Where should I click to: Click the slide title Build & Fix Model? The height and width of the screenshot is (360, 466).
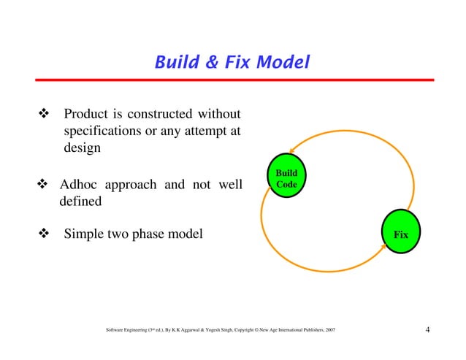click(232, 63)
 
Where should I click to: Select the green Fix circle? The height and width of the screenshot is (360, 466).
click(400, 234)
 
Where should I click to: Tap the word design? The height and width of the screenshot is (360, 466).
click(82, 148)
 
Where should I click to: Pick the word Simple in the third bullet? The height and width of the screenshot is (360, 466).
click(84, 234)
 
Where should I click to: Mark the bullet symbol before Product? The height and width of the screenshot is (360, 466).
click(42, 115)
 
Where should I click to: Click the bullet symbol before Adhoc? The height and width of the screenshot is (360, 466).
click(42, 184)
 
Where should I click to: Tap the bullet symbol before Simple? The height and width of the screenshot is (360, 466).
click(42, 234)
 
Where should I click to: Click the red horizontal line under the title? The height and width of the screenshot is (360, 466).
click(232, 79)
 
